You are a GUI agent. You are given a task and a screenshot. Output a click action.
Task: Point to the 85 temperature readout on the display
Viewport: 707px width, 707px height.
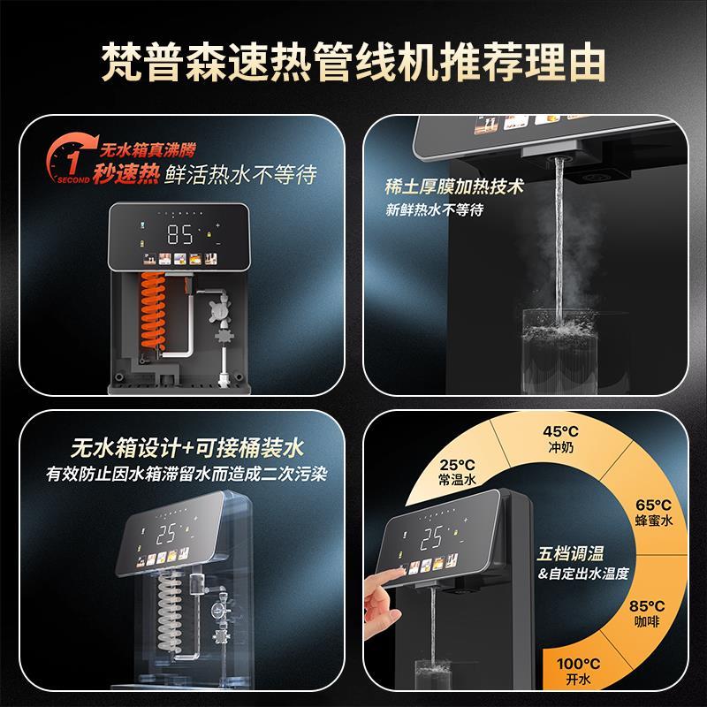click(x=181, y=234)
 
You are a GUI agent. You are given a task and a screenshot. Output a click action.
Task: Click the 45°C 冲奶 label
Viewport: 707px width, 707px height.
click(x=555, y=440)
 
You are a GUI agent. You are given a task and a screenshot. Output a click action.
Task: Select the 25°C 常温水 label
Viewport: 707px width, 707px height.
click(x=458, y=470)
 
